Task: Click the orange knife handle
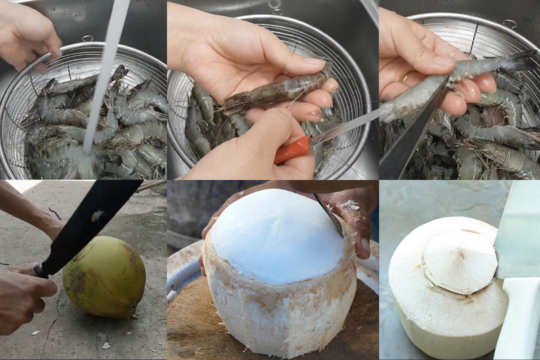292,149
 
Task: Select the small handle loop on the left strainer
88,38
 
